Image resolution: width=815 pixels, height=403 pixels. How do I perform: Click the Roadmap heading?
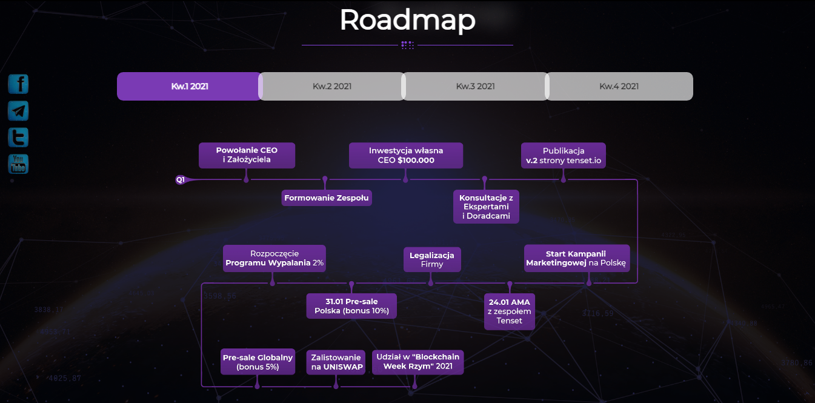[x=407, y=20]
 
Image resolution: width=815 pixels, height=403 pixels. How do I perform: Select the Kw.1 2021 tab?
[x=189, y=86]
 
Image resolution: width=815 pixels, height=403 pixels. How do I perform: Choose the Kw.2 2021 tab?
[x=332, y=86]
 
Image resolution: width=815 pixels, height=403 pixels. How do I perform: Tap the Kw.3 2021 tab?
[x=475, y=86]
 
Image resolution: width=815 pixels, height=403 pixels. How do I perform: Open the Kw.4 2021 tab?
[x=619, y=86]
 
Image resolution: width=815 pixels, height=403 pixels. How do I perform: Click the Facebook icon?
[x=18, y=84]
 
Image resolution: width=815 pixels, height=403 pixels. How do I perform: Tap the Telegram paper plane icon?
[x=18, y=111]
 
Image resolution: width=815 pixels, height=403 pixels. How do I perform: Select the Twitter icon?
[x=18, y=138]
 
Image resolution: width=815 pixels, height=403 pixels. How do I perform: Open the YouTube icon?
[x=18, y=164]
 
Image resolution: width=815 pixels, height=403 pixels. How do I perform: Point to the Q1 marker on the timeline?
[x=181, y=180]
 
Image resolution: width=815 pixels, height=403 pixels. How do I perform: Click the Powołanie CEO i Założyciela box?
[x=247, y=155]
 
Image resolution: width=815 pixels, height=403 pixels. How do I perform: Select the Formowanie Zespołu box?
[x=327, y=198]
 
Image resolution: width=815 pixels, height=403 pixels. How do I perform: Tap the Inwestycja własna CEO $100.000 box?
[x=406, y=155]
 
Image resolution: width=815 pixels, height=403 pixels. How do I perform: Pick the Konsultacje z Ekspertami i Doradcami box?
[x=486, y=207]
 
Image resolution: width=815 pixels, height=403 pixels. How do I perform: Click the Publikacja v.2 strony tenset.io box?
[x=564, y=155]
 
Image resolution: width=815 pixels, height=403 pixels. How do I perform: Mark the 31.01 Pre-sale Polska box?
[x=351, y=305]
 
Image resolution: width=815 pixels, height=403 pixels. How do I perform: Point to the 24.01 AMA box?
[x=510, y=311]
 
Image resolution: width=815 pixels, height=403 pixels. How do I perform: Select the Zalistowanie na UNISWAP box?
[x=336, y=362]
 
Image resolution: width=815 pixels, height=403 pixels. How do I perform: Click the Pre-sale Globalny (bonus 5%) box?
[x=258, y=362]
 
